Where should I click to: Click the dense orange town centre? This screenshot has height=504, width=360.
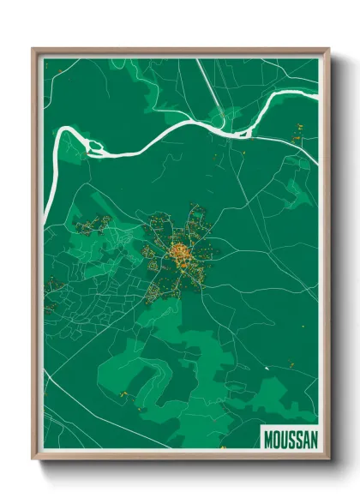click(x=182, y=252)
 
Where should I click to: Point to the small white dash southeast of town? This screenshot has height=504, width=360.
click(x=267, y=368)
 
